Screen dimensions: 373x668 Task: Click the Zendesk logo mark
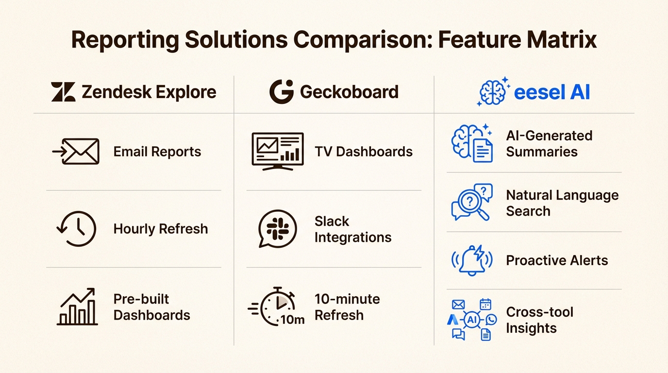[x=63, y=92]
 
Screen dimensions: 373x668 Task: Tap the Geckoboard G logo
[x=282, y=92]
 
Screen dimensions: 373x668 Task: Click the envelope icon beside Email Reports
[x=76, y=152]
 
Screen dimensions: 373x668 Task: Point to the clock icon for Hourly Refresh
[x=77, y=229]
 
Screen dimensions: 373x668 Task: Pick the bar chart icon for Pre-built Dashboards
[x=77, y=307]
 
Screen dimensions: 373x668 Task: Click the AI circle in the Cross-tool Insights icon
[x=472, y=320]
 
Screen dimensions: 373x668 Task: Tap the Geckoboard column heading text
[x=349, y=92]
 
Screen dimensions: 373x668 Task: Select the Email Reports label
[x=157, y=152]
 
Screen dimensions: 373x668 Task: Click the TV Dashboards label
[x=364, y=152]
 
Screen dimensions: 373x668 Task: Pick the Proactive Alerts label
[x=557, y=260]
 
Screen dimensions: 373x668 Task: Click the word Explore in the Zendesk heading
[x=183, y=92]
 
